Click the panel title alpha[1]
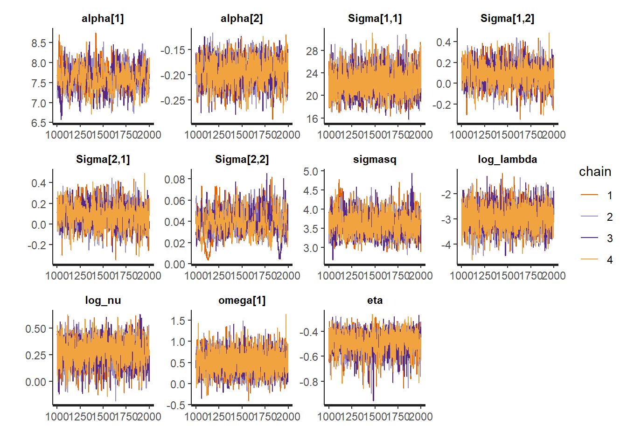[103, 19]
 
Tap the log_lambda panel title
[507, 160]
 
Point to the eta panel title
[375, 301]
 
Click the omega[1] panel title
[242, 301]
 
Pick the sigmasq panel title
[375, 160]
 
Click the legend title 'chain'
[595, 172]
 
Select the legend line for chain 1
[589, 195]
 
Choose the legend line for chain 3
[589, 238]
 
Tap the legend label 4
[609, 260]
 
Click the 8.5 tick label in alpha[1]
[39, 43]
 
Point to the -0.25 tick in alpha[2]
[173, 100]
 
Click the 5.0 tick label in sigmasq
[311, 172]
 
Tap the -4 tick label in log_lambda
[446, 244]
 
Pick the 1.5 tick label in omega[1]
[178, 321]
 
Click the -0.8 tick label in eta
[308, 382]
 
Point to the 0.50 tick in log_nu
[36, 329]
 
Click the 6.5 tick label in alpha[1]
[39, 123]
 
